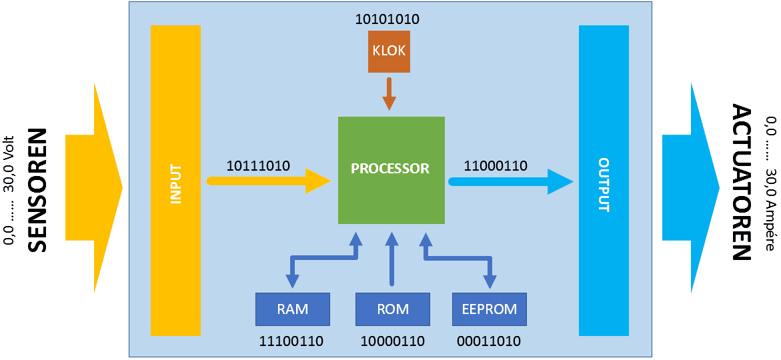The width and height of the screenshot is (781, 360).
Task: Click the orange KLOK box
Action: (389, 51)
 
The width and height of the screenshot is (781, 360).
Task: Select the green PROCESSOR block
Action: (391, 169)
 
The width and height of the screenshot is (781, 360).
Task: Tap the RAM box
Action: (293, 309)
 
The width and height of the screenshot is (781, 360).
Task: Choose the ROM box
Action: (392, 309)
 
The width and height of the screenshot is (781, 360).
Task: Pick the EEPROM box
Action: (489, 309)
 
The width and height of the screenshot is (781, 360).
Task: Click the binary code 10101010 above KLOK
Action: (387, 19)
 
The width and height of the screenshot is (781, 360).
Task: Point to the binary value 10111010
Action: (258, 165)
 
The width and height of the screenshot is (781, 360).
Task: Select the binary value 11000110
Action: (496, 165)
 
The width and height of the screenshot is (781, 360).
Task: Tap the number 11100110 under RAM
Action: (291, 341)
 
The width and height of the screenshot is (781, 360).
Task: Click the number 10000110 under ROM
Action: (392, 341)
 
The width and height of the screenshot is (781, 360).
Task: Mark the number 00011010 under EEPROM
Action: (489, 341)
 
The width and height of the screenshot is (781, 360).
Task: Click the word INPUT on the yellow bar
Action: (176, 184)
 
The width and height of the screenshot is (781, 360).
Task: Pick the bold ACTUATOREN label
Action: (741, 182)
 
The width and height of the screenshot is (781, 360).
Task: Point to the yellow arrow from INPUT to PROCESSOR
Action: (267, 181)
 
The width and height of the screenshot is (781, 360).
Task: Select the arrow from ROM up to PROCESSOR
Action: (392, 260)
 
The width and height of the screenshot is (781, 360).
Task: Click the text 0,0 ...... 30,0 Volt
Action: (9, 188)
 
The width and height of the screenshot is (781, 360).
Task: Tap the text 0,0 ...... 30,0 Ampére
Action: (771, 184)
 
